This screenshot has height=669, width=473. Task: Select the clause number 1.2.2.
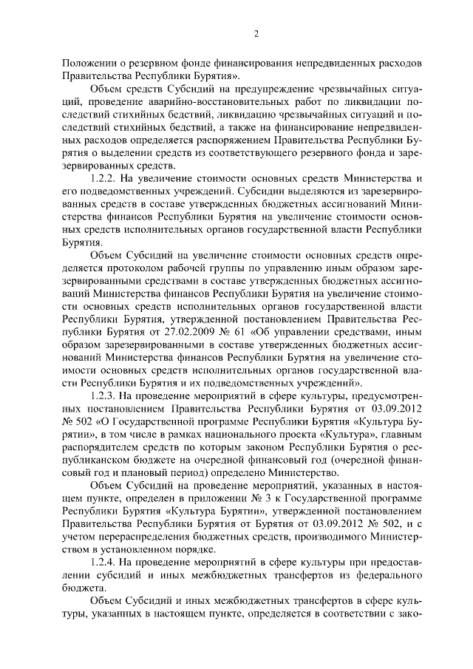[104, 180]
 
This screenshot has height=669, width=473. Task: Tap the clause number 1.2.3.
[104, 395]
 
